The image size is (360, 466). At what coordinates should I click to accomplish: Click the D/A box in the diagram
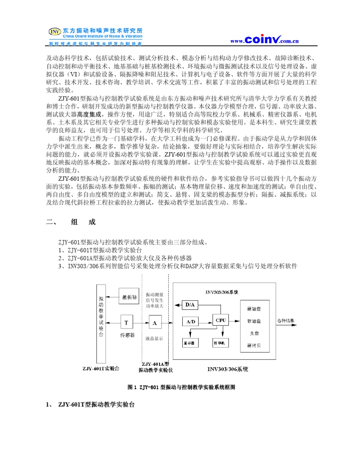[x=189, y=305]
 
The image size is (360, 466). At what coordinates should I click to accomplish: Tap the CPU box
[x=221, y=320]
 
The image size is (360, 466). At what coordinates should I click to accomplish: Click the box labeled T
[x=126, y=323]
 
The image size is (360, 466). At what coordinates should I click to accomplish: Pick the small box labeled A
[x=155, y=323]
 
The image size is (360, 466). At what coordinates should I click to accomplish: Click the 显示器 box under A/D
[x=189, y=342]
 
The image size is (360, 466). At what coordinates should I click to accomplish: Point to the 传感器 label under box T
[x=127, y=335]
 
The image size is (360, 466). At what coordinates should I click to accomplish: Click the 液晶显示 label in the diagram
[x=154, y=338]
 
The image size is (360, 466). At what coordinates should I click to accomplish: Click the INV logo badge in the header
[x=55, y=32]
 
